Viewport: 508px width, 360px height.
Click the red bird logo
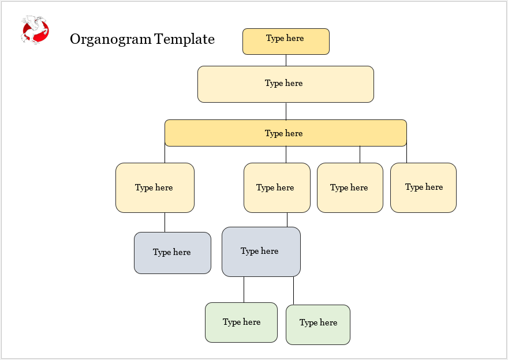[x=35, y=30]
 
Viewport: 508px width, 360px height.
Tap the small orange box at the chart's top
[x=286, y=42]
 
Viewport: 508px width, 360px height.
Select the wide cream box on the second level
[x=286, y=84]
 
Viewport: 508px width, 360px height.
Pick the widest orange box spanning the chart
[x=286, y=133]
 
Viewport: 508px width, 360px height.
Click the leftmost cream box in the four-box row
[x=155, y=187]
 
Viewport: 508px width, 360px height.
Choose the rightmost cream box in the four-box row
[x=423, y=187]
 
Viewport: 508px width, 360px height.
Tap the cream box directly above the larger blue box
[x=277, y=187]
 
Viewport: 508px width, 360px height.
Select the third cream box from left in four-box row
[x=350, y=187]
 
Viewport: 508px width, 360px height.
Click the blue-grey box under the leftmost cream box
[x=173, y=253]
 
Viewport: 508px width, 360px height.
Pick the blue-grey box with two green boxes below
[x=261, y=252]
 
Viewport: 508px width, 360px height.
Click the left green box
[x=241, y=322]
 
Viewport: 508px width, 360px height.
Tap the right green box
[x=318, y=324]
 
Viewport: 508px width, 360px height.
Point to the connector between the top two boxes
[x=286, y=60]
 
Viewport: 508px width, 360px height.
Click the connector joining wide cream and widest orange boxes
[x=286, y=111]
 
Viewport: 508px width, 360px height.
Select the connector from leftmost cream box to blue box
[x=165, y=222]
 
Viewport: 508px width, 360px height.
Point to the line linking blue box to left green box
[x=244, y=289]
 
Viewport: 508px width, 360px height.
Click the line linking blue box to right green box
[x=293, y=290]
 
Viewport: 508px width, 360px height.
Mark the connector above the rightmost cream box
[x=406, y=154]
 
